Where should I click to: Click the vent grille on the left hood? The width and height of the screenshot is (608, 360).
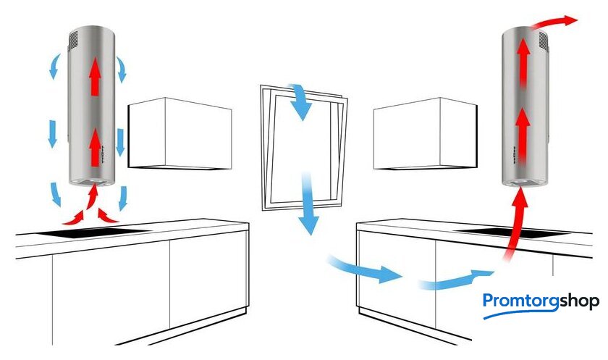pyautogui.click(x=73, y=40)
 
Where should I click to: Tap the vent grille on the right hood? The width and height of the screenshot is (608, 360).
pyautogui.click(x=544, y=41)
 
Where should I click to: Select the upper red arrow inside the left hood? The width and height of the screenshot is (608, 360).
pyautogui.click(x=95, y=75)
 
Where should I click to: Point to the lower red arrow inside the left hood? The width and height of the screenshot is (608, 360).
pyautogui.click(x=95, y=148)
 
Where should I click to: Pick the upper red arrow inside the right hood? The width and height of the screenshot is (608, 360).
pyautogui.click(x=523, y=62)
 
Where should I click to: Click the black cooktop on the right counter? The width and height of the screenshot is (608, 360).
pyautogui.click(x=512, y=233)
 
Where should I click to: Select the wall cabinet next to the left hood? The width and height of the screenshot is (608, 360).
pyautogui.click(x=180, y=133)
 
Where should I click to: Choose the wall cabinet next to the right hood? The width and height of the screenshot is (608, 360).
pyautogui.click(x=426, y=133)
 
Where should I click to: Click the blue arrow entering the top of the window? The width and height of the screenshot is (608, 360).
pyautogui.click(x=300, y=101)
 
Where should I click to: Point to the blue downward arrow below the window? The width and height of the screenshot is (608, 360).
pyautogui.click(x=308, y=204)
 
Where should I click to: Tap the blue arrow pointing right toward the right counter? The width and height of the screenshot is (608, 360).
pyautogui.click(x=365, y=270)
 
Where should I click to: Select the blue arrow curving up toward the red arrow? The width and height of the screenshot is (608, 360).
pyautogui.click(x=455, y=280)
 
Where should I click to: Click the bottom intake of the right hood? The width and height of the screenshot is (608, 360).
pyautogui.click(x=524, y=183)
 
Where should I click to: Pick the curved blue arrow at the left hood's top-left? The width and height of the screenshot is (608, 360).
pyautogui.click(x=55, y=66)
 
